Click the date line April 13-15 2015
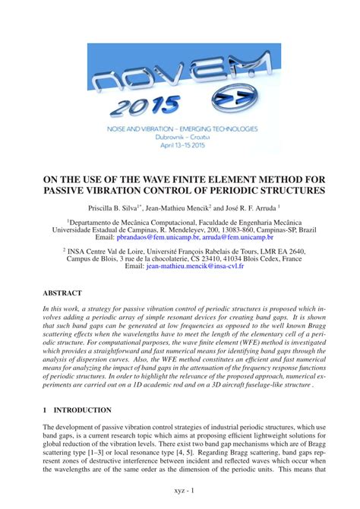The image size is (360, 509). [x=180, y=144]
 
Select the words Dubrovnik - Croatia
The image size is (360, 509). [x=180, y=137]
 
